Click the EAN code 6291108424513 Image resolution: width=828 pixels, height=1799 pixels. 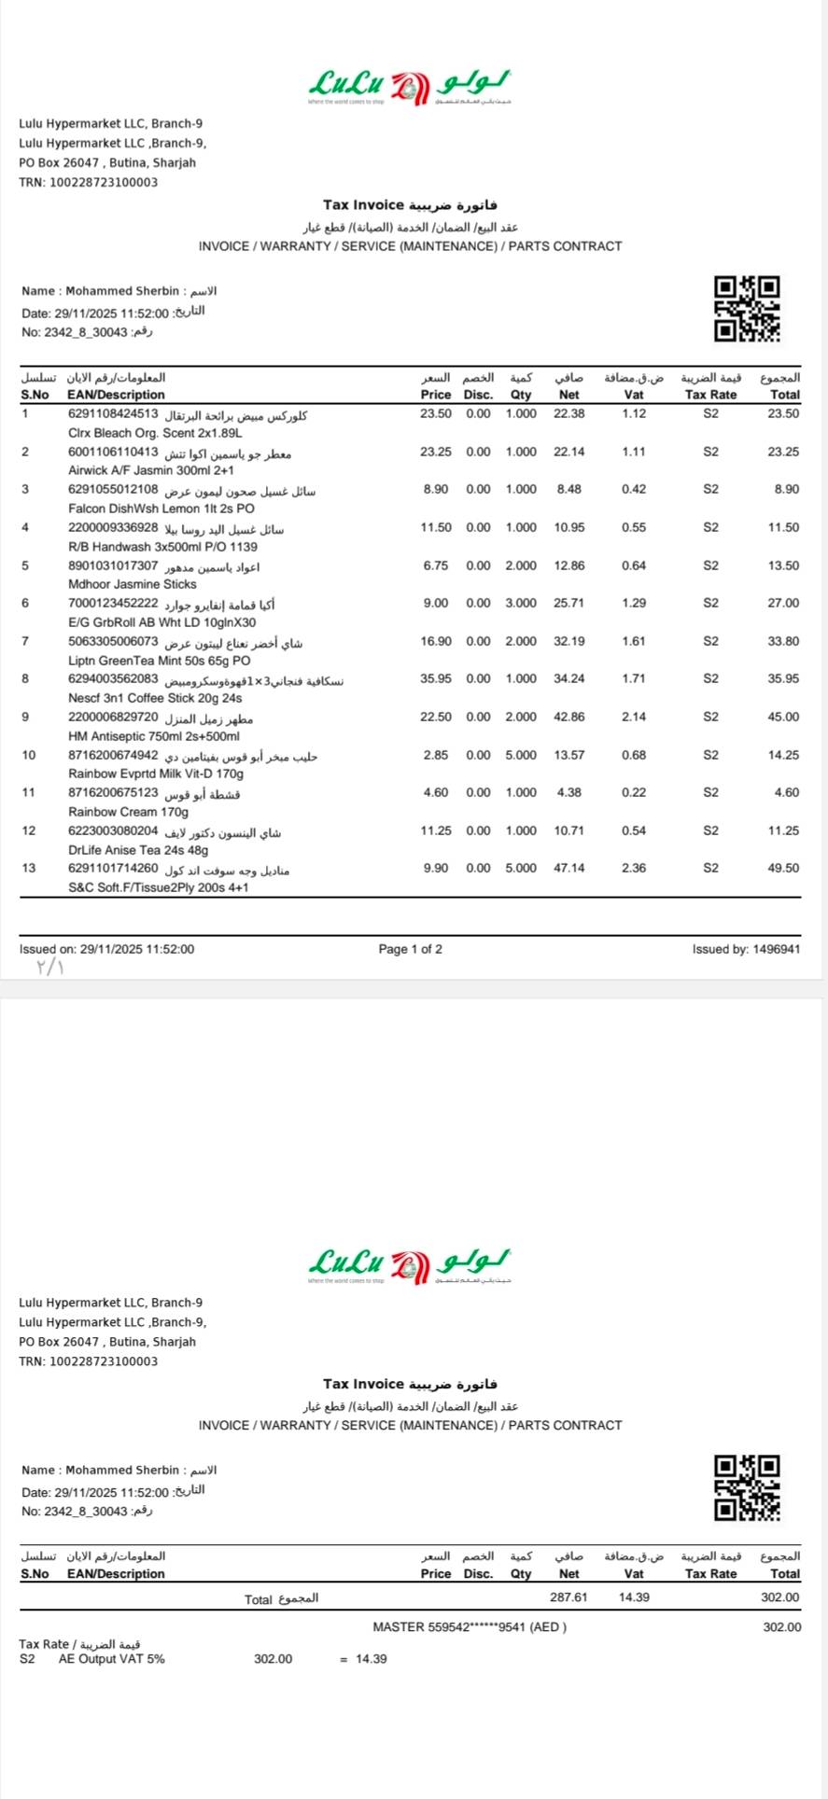[113, 413]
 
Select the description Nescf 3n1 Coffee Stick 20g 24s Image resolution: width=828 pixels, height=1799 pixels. [155, 698]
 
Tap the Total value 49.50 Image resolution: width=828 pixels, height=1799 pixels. [783, 868]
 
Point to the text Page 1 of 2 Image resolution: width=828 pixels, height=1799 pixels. [410, 949]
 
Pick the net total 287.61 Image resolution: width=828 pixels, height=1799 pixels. [568, 1597]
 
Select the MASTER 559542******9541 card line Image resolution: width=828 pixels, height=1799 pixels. [470, 1626]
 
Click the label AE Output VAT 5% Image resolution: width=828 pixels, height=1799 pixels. [111, 1658]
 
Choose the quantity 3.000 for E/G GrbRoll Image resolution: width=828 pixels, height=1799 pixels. [521, 603]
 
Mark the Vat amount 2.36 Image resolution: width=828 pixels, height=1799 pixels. [634, 868]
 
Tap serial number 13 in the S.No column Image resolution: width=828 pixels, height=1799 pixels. [29, 868]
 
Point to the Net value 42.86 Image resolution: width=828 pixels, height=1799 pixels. [568, 717]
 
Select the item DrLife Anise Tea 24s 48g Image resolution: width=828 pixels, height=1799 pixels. [138, 850]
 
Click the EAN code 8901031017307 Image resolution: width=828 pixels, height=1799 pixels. [113, 565]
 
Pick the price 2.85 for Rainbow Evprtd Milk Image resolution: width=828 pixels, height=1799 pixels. [436, 755]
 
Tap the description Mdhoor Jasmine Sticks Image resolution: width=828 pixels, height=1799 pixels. [133, 584]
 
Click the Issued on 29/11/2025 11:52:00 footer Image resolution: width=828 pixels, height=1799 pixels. [107, 949]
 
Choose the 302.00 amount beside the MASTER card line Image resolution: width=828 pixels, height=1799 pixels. [781, 1626]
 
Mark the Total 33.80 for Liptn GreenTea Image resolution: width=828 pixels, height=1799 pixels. [783, 641]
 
